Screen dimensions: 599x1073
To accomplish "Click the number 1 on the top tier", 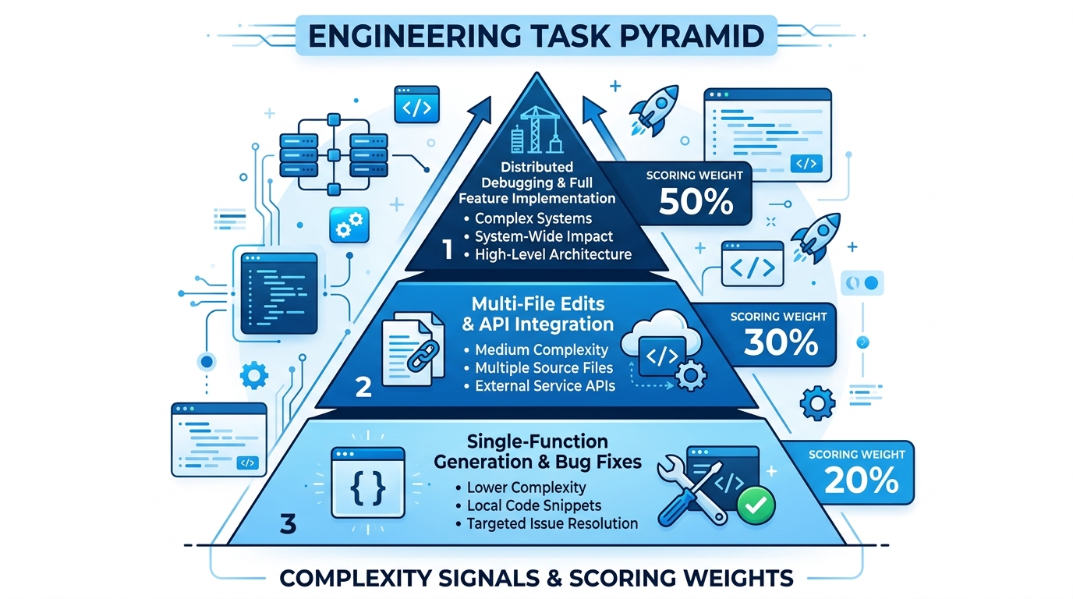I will click(447, 250).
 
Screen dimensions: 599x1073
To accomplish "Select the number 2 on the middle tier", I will click(363, 388).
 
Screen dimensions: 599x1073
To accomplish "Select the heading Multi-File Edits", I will click(538, 302).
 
